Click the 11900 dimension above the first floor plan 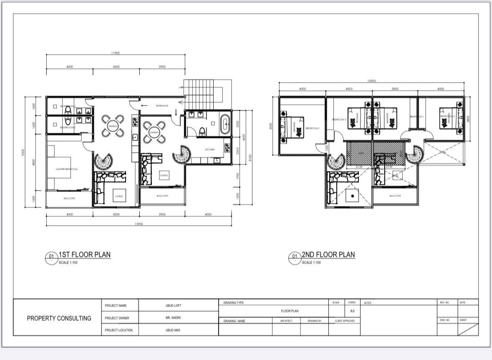[x=116, y=53]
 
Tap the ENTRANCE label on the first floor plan [x=162, y=106]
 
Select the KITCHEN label [x=209, y=149]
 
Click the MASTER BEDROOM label [x=67, y=169]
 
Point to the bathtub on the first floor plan [x=225, y=124]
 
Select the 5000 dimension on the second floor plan [x=271, y=126]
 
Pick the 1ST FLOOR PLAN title [x=84, y=254]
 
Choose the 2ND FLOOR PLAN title [x=328, y=254]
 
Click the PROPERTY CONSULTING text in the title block [x=59, y=318]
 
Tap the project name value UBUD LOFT [x=174, y=306]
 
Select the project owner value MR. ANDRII [x=174, y=318]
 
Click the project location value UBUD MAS [x=174, y=330]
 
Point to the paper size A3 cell [x=352, y=311]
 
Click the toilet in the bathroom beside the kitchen [x=202, y=131]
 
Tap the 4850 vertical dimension [x=34, y=163]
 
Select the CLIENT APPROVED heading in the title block [x=345, y=321]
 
